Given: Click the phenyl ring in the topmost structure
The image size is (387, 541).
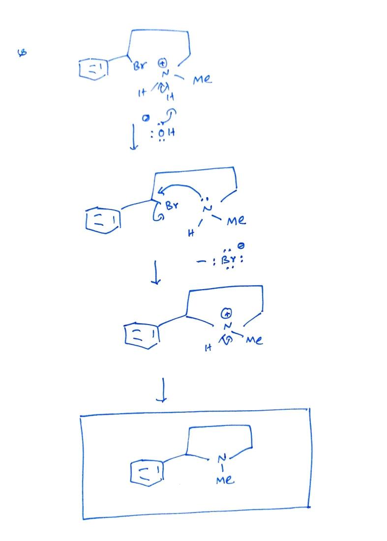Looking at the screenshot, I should tap(93, 69).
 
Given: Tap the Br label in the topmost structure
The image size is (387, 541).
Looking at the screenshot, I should tap(140, 66).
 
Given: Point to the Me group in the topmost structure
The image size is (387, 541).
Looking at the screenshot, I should tap(202, 79).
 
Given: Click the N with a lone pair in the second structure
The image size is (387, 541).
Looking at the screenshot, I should tap(208, 209).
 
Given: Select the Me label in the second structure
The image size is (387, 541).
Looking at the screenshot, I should tap(236, 221).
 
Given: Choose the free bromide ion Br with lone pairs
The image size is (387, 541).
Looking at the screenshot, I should tap(227, 261).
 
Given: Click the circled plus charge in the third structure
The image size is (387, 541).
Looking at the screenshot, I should tap(227, 313).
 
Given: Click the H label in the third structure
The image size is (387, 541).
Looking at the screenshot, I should tap(208, 349).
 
